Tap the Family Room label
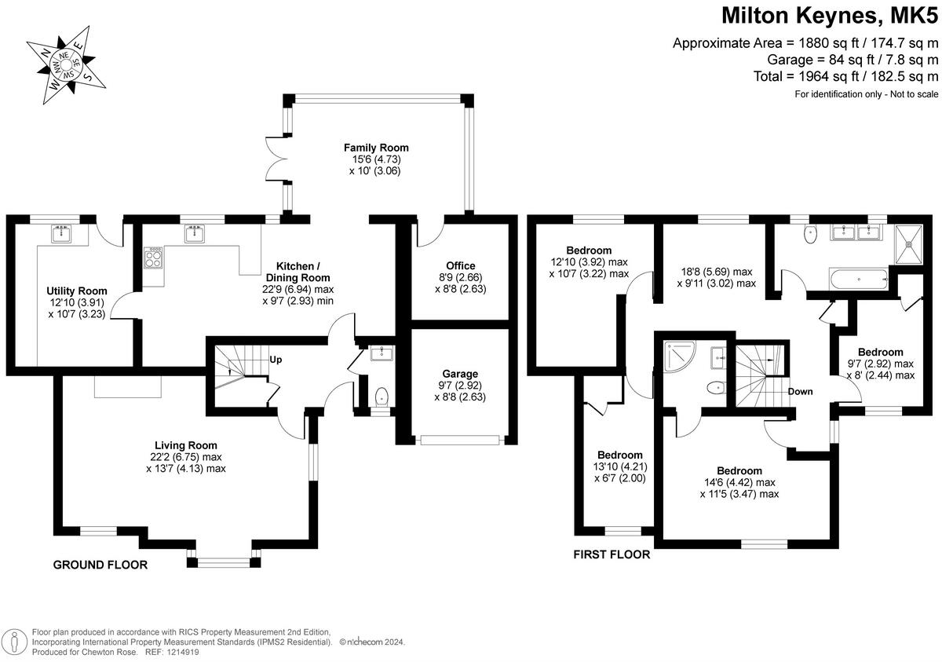(x=376, y=148)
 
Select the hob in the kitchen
(x=154, y=258)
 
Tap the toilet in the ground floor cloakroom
(x=382, y=395)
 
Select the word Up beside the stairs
(x=276, y=360)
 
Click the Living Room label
(x=185, y=445)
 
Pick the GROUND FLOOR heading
(x=100, y=565)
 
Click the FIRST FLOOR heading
(x=612, y=554)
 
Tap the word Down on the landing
(x=801, y=392)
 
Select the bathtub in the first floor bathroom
(x=859, y=277)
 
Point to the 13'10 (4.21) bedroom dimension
(x=619, y=466)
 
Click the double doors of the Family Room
(x=276, y=167)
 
